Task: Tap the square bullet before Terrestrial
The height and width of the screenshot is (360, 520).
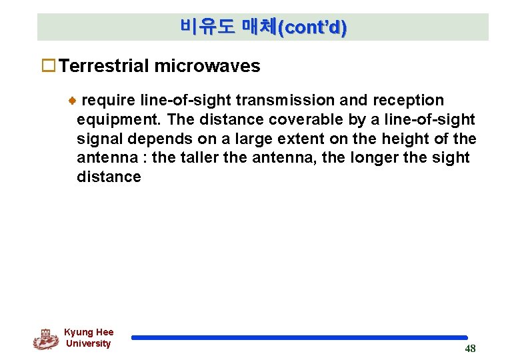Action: click(x=48, y=66)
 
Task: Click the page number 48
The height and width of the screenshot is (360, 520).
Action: click(x=470, y=349)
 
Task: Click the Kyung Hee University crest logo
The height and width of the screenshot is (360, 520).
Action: click(x=45, y=339)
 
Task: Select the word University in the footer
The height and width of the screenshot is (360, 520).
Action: click(x=88, y=344)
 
